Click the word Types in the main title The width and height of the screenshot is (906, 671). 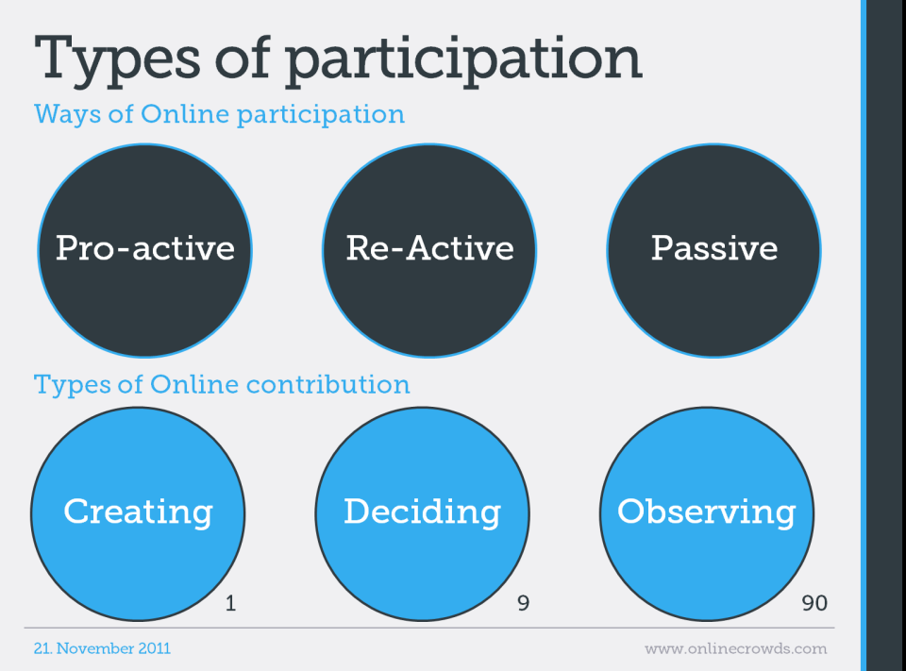pyautogui.click(x=117, y=60)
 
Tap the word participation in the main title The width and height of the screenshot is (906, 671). pyautogui.click(x=463, y=60)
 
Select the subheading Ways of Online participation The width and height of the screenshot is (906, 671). pyautogui.click(x=220, y=114)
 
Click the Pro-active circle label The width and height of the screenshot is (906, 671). pyautogui.click(x=145, y=248)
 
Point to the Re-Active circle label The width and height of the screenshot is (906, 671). pyautogui.click(x=430, y=248)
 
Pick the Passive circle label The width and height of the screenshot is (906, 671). pyautogui.click(x=714, y=248)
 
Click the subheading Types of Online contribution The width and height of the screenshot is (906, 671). pyautogui.click(x=222, y=385)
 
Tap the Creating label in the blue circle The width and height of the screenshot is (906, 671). pyautogui.click(x=138, y=512)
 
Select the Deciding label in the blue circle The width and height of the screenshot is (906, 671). pyautogui.click(x=423, y=512)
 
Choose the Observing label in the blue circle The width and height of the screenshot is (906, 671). pyautogui.click(x=707, y=512)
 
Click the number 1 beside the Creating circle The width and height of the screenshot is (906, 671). pyautogui.click(x=230, y=603)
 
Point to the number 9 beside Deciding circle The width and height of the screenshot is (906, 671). pyautogui.click(x=523, y=603)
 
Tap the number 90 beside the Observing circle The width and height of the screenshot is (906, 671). pyautogui.click(x=814, y=603)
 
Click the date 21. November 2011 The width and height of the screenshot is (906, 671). pyautogui.click(x=102, y=648)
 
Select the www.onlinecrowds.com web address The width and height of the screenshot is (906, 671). pyautogui.click(x=735, y=649)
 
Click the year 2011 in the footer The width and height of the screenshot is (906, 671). pyautogui.click(x=155, y=648)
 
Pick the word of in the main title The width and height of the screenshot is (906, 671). pyautogui.click(x=243, y=58)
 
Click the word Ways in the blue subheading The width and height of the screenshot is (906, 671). pyautogui.click(x=67, y=114)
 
